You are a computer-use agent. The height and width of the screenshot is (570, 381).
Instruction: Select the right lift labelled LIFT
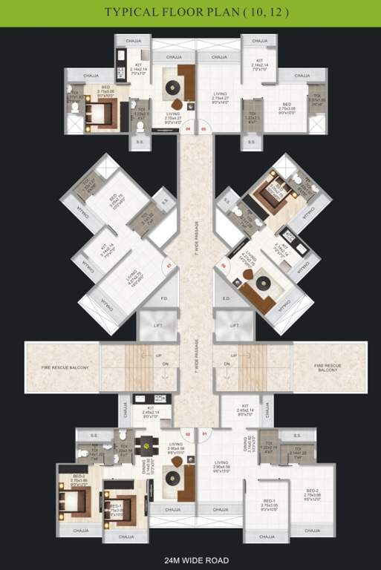pos(235,326)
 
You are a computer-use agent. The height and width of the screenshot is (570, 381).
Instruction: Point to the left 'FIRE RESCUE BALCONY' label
pos(62,367)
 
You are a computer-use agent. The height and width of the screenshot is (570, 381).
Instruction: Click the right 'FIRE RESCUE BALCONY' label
pos(328,367)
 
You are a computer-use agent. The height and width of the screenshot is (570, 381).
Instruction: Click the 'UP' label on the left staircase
pos(159,355)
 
